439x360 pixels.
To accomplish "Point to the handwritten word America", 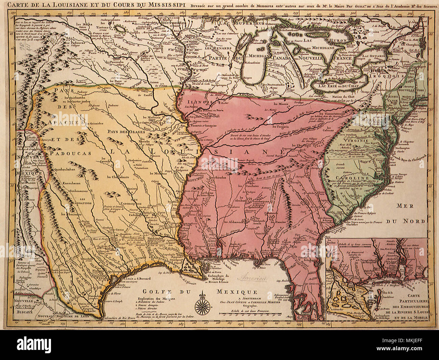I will coord(252,279).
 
